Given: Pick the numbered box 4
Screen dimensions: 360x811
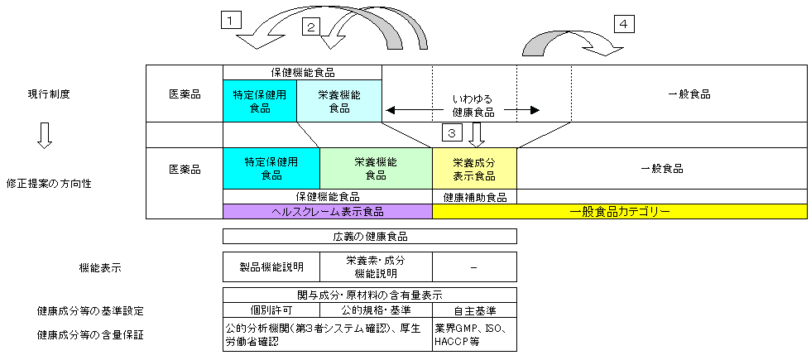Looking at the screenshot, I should [x=625, y=23].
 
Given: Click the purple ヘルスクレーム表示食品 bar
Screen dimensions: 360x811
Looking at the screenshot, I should [x=328, y=212].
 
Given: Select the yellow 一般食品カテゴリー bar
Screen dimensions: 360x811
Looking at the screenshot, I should [x=620, y=212].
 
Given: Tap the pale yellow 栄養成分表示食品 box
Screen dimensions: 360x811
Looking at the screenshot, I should [x=474, y=169].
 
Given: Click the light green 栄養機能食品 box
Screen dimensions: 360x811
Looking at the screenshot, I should [x=376, y=169].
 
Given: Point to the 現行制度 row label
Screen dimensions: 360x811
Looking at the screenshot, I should [x=49, y=94].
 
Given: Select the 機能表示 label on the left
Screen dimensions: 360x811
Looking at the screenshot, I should [x=99, y=267].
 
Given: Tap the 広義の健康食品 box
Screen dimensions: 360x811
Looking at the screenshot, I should [x=369, y=236].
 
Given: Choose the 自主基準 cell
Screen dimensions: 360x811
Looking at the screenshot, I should [x=474, y=310].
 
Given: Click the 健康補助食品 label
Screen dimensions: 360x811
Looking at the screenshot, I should [x=474, y=197].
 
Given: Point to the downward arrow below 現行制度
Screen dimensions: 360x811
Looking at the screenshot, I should [x=46, y=136].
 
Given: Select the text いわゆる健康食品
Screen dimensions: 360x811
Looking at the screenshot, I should [x=473, y=104].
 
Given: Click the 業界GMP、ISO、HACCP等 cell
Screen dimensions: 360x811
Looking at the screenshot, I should [x=474, y=334].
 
